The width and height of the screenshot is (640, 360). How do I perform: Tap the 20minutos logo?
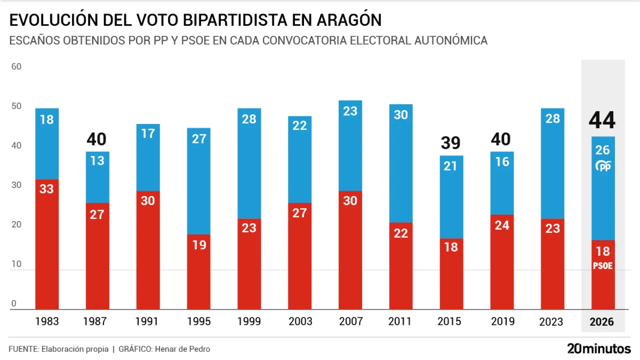pyautogui.click(x=599, y=349)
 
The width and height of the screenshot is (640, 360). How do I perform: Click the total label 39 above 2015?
pyautogui.click(x=451, y=143)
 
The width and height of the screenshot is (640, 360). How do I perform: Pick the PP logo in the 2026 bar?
pyautogui.click(x=603, y=166)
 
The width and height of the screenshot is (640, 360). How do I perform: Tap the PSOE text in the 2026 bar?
pyautogui.click(x=603, y=266)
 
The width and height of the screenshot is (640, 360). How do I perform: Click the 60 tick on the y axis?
pyautogui.click(x=16, y=67)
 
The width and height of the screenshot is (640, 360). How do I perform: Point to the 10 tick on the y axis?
pyautogui.click(x=16, y=264)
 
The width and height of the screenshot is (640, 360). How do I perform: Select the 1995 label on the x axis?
pyautogui.click(x=199, y=321)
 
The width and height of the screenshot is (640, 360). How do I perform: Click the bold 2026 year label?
pyautogui.click(x=602, y=322)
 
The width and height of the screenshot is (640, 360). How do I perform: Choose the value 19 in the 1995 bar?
pyautogui.click(x=199, y=245)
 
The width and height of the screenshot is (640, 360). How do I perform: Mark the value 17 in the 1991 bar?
pyautogui.click(x=148, y=134)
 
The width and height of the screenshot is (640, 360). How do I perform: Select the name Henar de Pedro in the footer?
pyautogui.click(x=182, y=349)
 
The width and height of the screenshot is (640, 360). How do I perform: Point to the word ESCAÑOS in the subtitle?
pyautogui.click(x=34, y=40)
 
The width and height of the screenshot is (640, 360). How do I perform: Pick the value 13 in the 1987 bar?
pyautogui.click(x=97, y=161)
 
